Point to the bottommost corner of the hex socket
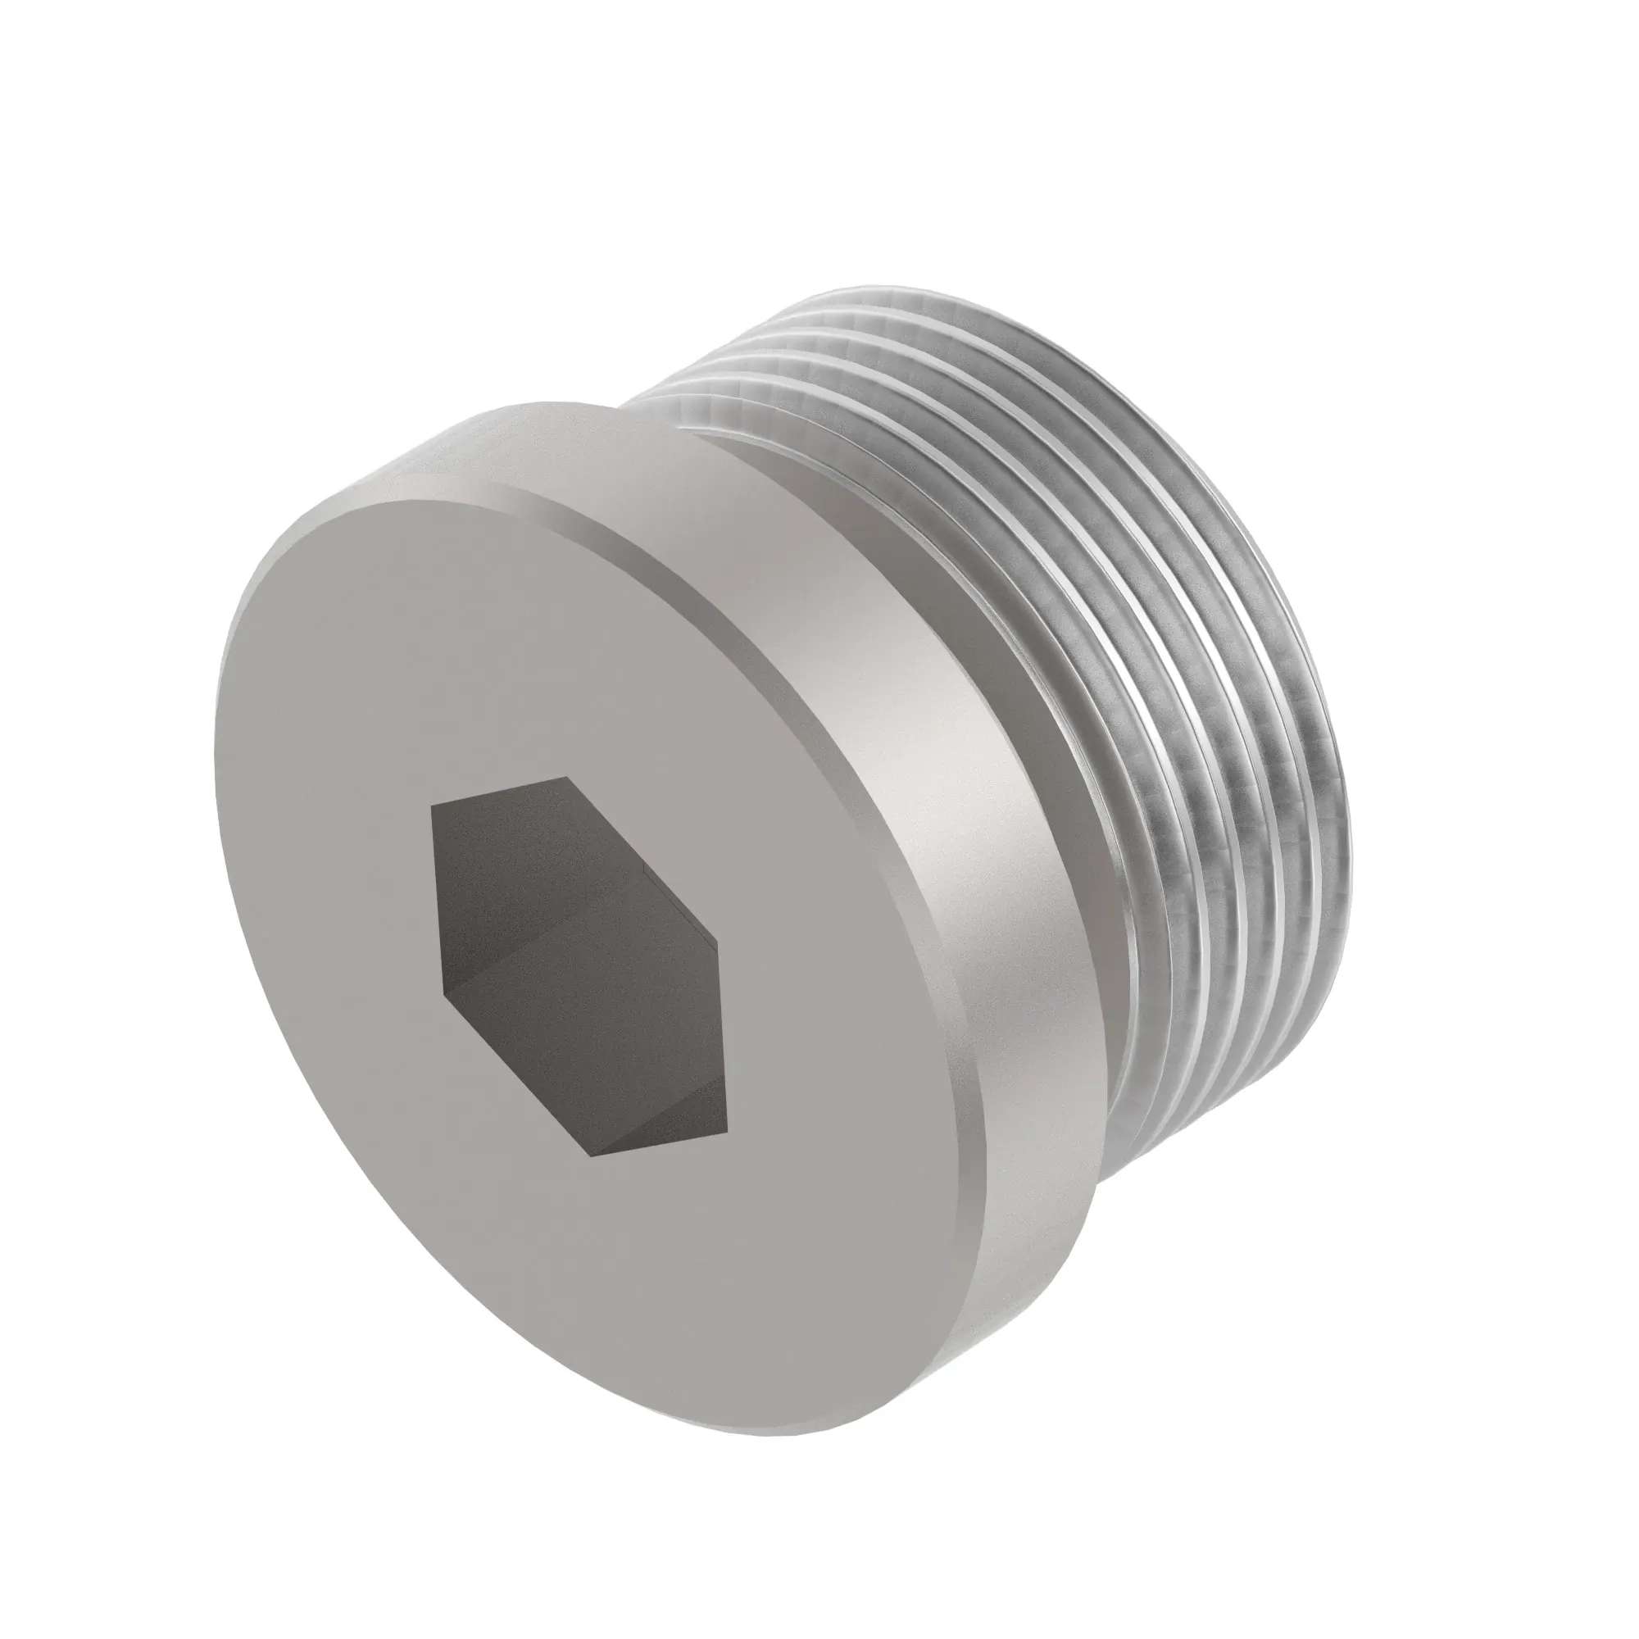pyautogui.click(x=592, y=1155)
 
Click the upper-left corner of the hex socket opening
pyautogui.click(x=432, y=806)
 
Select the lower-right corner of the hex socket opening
pyautogui.click(x=727, y=1133)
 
